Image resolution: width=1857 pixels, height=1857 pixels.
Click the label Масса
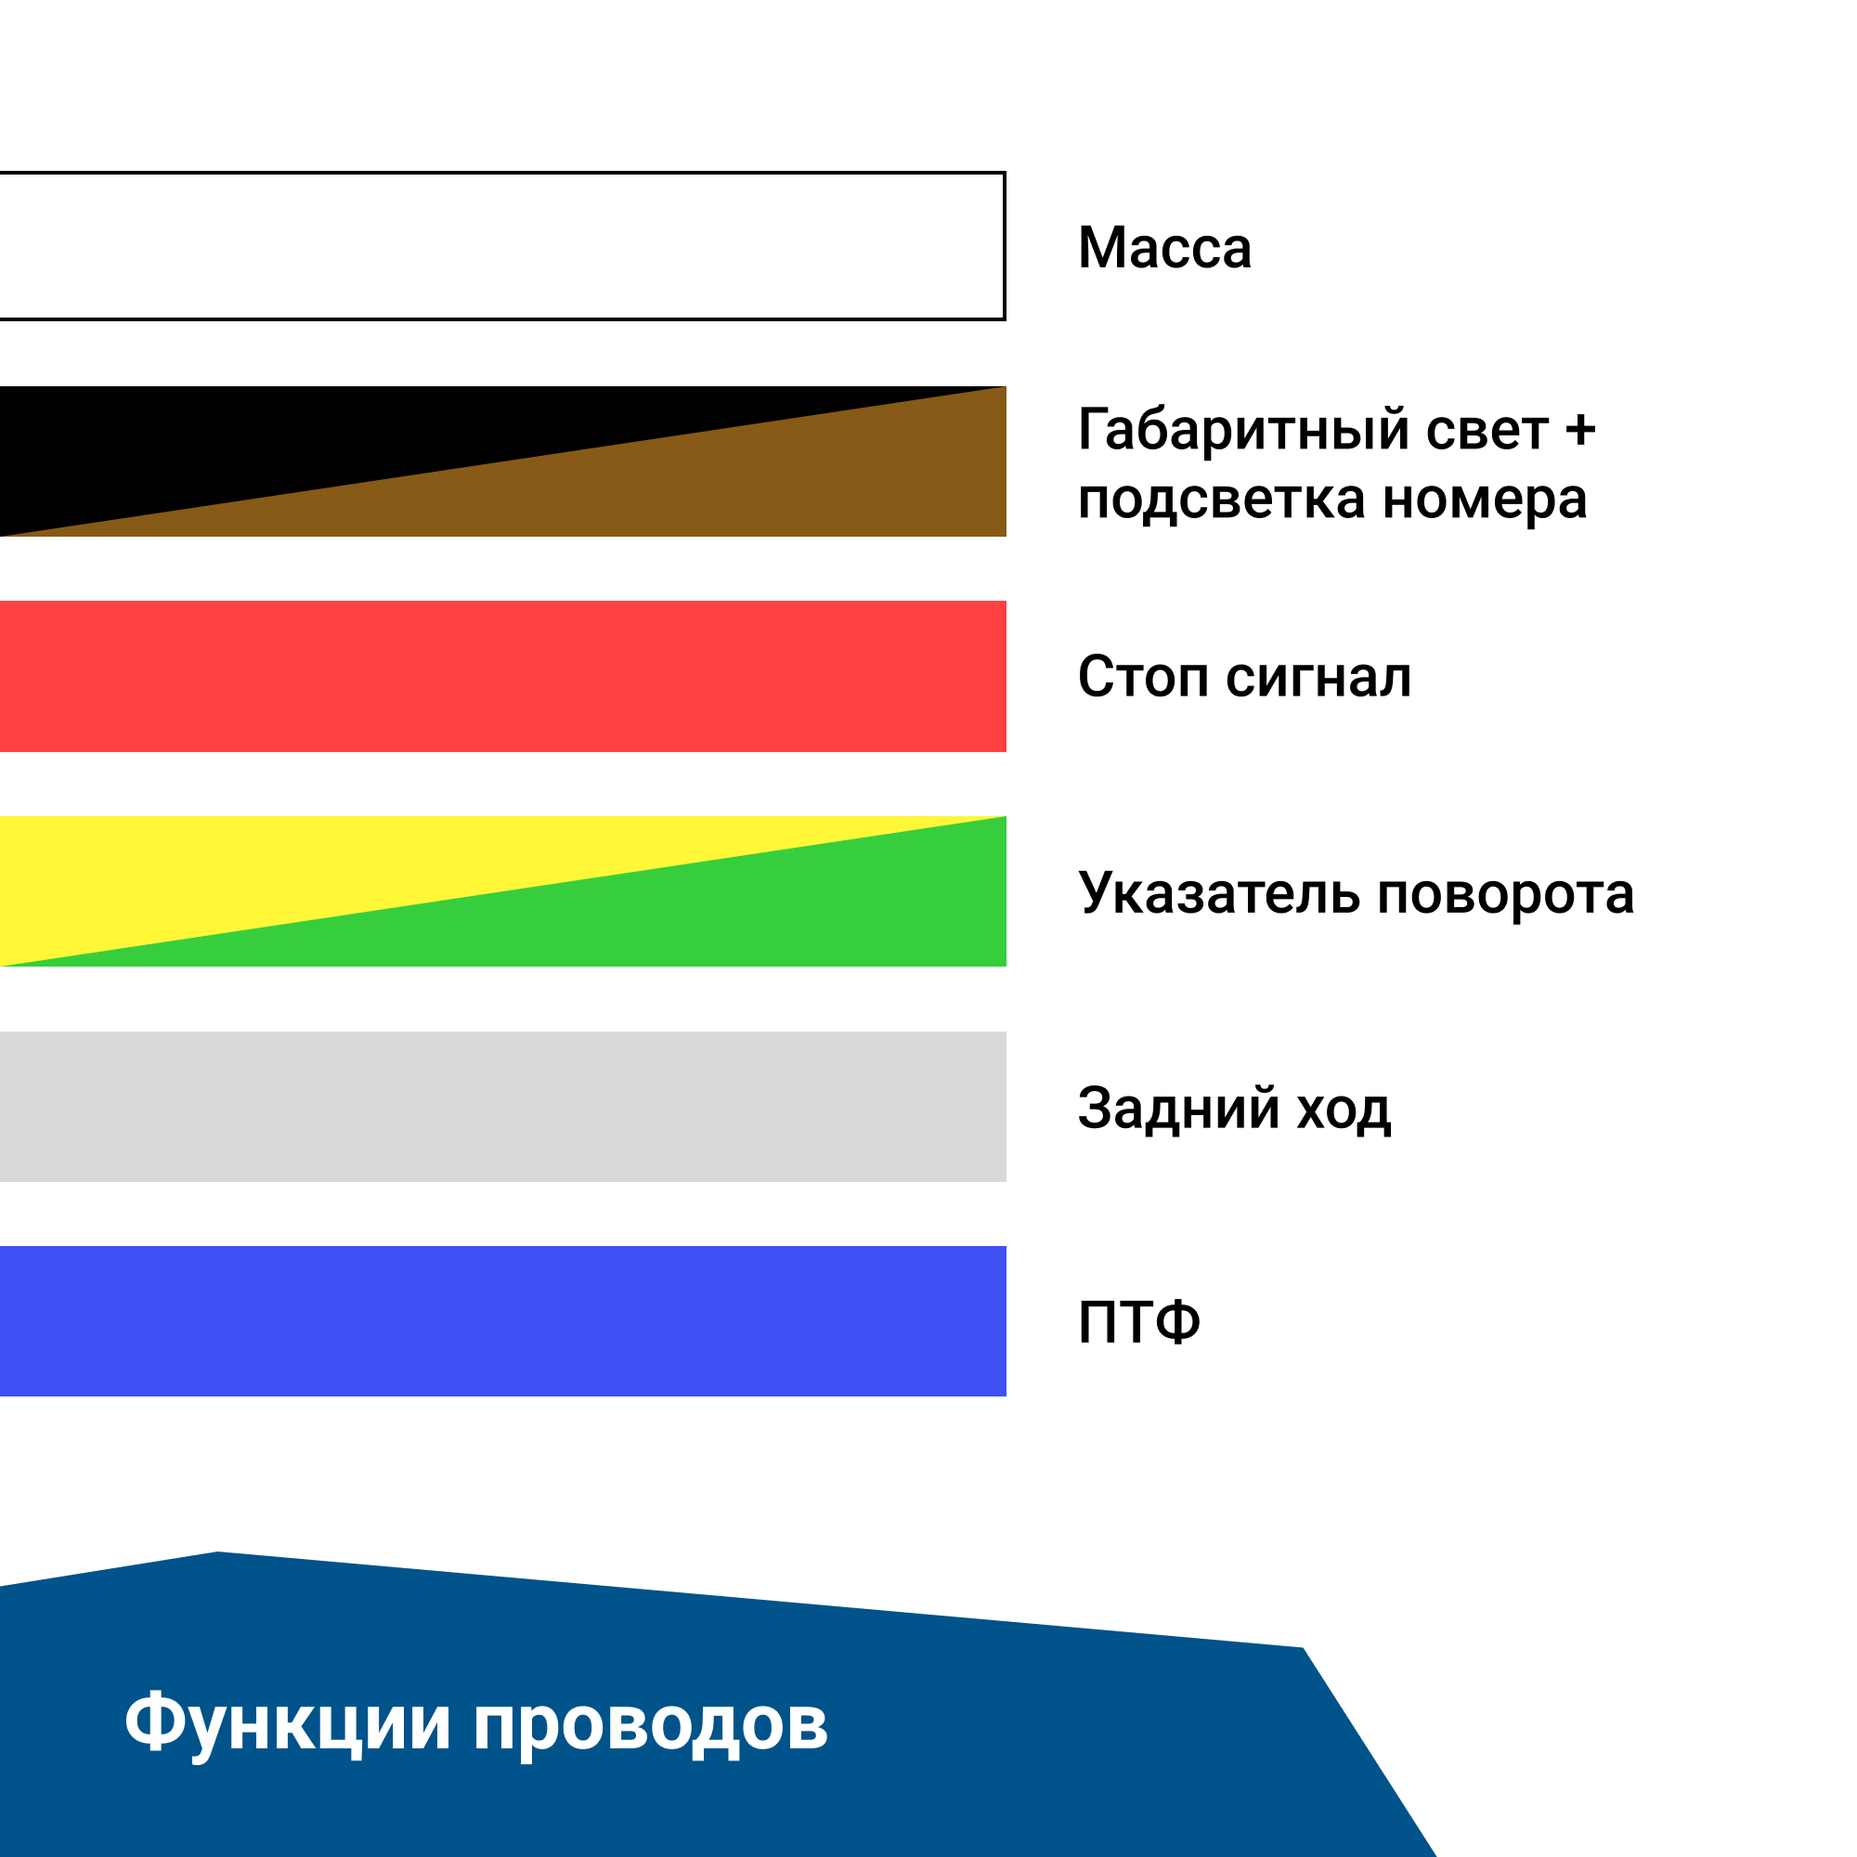coord(1165,248)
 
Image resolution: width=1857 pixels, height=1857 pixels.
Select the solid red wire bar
coord(502,677)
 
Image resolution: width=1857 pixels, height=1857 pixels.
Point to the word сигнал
coord(1318,679)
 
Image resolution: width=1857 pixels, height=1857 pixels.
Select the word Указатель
coord(1219,893)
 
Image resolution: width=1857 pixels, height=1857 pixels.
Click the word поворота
coord(1506,895)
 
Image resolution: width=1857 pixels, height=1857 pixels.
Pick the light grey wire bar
coord(502,1107)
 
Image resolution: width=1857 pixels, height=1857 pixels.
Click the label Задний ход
coord(1234,1109)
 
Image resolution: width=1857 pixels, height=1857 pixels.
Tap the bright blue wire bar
coord(502,1320)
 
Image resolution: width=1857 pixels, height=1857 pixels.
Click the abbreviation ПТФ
coord(1139,1322)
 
